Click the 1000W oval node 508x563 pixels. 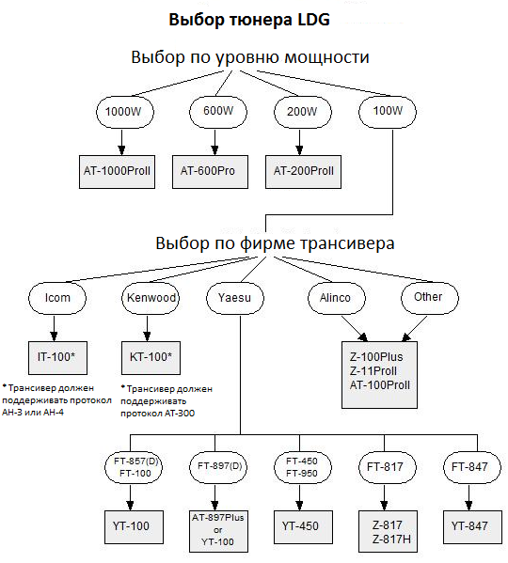[125, 112]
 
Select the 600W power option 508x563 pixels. [218, 112]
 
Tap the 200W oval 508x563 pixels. [303, 112]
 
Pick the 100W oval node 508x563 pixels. [388, 112]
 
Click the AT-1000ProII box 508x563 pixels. [117, 172]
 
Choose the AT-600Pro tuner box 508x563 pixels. [210, 172]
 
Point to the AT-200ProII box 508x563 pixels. [303, 172]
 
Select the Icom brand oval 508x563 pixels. [57, 298]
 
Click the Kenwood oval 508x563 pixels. [151, 298]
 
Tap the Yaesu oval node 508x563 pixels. [235, 298]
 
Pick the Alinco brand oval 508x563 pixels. [337, 298]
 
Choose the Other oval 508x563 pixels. [430, 298]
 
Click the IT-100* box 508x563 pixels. [57, 357]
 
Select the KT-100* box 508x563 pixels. [151, 357]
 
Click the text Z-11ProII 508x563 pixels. [373, 371]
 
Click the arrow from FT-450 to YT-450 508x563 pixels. [300, 497]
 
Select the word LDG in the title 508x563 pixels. [313, 20]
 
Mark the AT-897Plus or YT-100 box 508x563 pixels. [218, 531]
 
